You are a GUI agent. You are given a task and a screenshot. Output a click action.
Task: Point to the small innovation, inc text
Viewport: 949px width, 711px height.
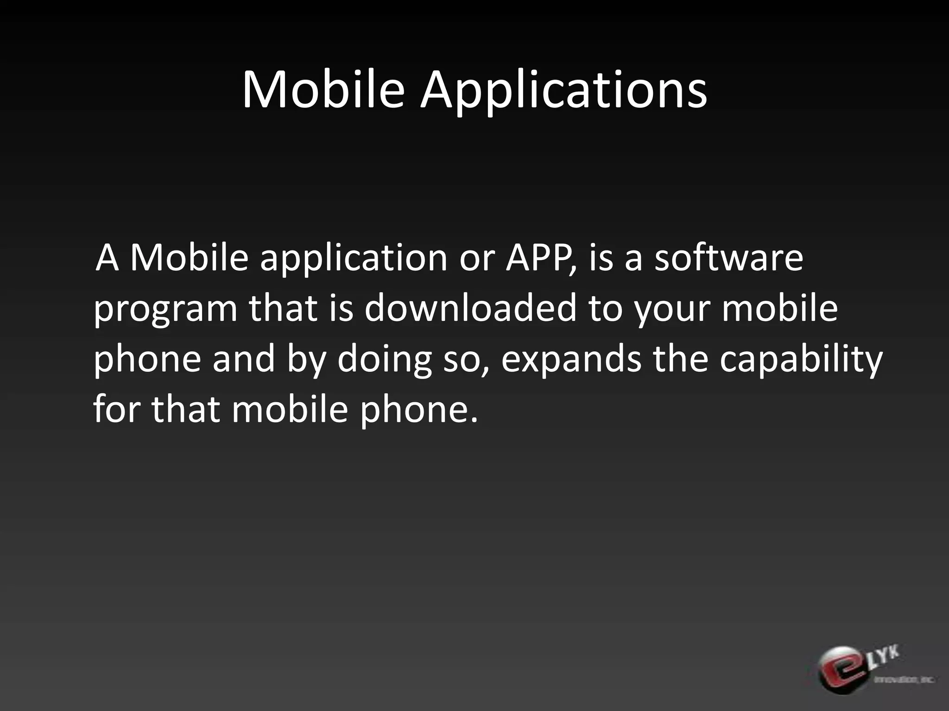904,680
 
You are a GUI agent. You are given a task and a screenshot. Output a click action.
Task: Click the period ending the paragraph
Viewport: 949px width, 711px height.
473,420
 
